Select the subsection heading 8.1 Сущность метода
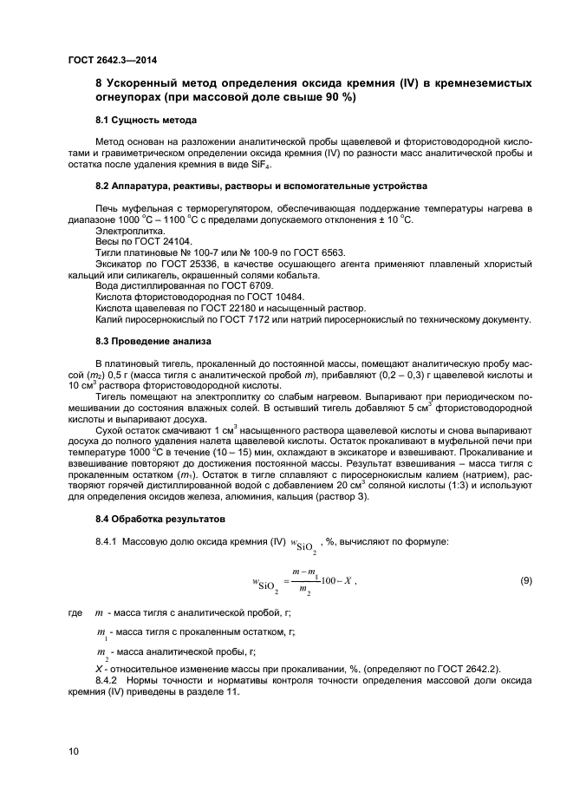[x=144, y=119]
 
